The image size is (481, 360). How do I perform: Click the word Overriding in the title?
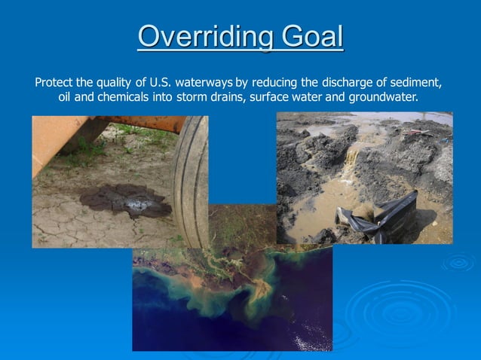click(x=196, y=36)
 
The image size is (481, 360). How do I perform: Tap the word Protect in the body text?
click(x=54, y=82)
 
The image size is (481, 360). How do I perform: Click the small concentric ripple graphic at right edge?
click(x=458, y=263)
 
